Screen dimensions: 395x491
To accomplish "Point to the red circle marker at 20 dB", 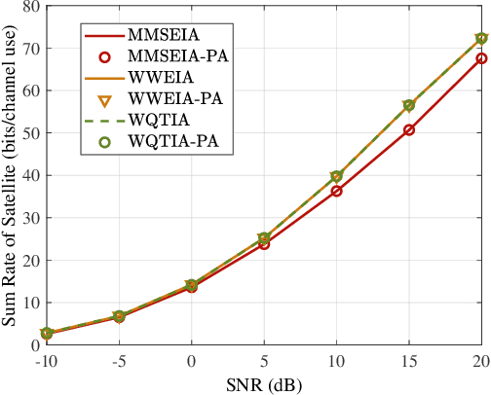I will [481, 58].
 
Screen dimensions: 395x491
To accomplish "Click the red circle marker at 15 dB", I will [409, 129].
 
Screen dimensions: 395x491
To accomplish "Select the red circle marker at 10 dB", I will [336, 192].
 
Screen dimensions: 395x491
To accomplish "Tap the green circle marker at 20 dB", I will [481, 38].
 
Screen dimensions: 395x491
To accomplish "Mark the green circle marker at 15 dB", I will [409, 105].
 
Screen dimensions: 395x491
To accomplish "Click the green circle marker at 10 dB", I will [336, 176].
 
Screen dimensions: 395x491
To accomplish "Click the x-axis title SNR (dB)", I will [264, 383].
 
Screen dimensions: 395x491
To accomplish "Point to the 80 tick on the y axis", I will [32, 6].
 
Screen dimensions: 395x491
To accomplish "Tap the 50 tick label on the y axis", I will [32, 133].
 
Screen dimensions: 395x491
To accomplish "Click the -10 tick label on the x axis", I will [44, 360].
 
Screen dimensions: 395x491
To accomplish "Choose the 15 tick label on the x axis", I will [409, 360].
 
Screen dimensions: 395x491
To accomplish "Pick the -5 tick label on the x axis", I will [117, 360].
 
